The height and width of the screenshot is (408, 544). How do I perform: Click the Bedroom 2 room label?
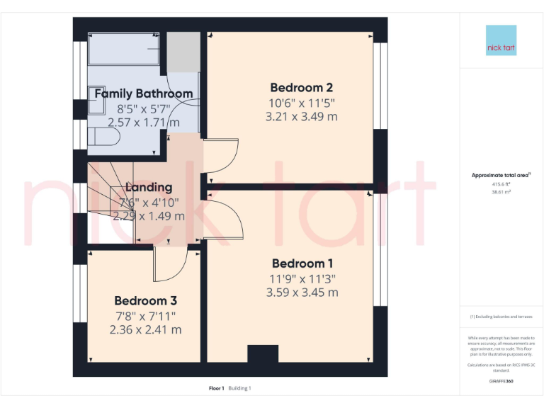(x=301, y=88)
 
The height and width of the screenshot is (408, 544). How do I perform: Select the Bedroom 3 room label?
(x=145, y=300)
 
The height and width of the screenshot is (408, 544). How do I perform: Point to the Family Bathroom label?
(x=143, y=93)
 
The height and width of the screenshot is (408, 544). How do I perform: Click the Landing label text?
(x=149, y=188)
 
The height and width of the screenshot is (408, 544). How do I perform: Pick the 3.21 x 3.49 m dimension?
(x=301, y=117)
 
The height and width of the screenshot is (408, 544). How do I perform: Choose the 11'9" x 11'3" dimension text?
(x=302, y=278)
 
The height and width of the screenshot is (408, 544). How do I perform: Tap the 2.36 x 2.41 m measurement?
(x=145, y=329)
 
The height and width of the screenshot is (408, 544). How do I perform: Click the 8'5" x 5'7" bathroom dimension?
(x=143, y=108)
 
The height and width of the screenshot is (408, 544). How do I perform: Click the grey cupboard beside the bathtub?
(x=183, y=52)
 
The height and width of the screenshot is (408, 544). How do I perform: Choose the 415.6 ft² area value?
(x=501, y=184)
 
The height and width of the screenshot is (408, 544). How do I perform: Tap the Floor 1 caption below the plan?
(x=216, y=388)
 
